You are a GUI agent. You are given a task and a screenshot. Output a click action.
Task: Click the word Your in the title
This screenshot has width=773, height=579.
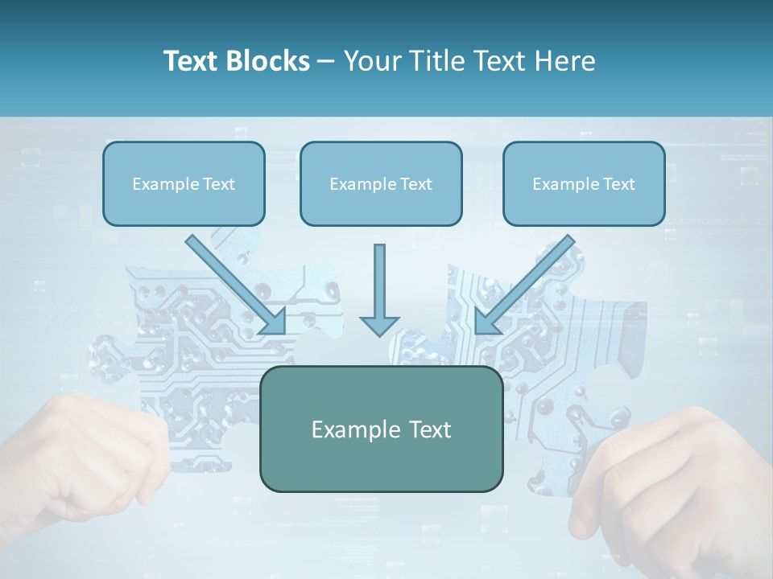(370, 61)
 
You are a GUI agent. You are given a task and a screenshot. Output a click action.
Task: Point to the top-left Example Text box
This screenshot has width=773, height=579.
(184, 183)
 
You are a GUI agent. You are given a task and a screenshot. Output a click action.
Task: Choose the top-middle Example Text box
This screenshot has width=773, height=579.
(381, 183)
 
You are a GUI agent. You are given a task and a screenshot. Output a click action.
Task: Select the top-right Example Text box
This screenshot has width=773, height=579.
(584, 183)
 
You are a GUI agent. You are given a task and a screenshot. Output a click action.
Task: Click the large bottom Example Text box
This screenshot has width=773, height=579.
(381, 429)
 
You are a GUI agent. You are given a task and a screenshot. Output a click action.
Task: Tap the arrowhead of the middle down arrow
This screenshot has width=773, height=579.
(379, 324)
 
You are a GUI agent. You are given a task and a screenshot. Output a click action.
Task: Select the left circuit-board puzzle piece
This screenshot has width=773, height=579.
(185, 346)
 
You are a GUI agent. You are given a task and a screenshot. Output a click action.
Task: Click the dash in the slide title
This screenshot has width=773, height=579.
(326, 61)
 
